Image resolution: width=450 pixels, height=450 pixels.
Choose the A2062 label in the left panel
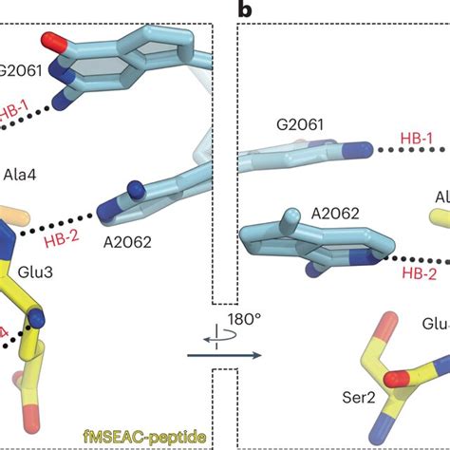click(x=131, y=242)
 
